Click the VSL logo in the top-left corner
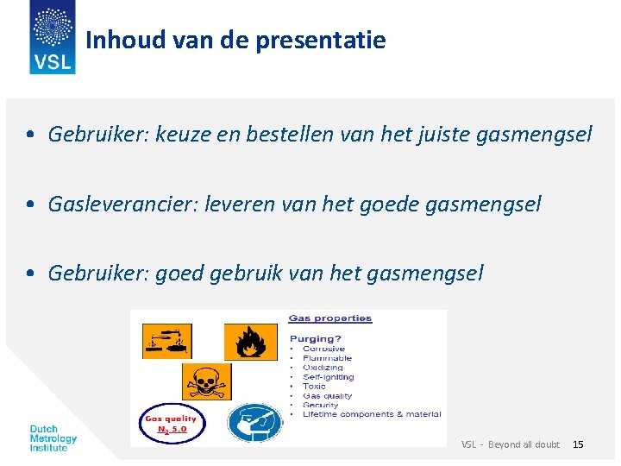point(53,37)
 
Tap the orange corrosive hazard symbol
point(166,341)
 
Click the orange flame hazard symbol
point(250,342)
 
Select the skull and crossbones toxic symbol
point(206,381)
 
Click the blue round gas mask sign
point(254,423)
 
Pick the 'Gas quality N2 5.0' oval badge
point(173,423)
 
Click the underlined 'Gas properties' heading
point(329,318)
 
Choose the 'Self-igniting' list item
point(328,377)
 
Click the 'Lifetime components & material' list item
point(371,414)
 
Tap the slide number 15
point(578,444)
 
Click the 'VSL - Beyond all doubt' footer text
point(510,444)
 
